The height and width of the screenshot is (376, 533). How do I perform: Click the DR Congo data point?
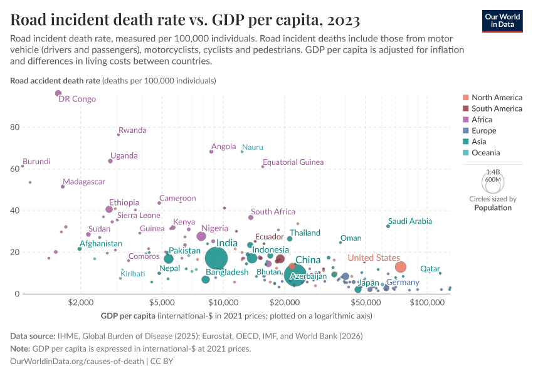[58, 93]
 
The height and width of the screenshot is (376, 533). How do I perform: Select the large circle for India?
[216, 258]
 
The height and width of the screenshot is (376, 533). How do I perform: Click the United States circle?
[400, 267]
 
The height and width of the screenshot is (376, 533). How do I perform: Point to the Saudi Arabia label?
[409, 221]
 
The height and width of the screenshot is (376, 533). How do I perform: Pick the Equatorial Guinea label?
[293, 162]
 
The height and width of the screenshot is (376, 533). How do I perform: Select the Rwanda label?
[132, 130]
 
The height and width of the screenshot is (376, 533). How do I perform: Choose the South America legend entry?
[497, 108]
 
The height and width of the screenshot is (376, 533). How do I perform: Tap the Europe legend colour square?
[465, 131]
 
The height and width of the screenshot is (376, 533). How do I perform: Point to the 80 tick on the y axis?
[14, 127]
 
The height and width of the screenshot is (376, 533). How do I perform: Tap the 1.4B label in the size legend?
[493, 171]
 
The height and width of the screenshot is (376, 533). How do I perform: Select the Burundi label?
[36, 162]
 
